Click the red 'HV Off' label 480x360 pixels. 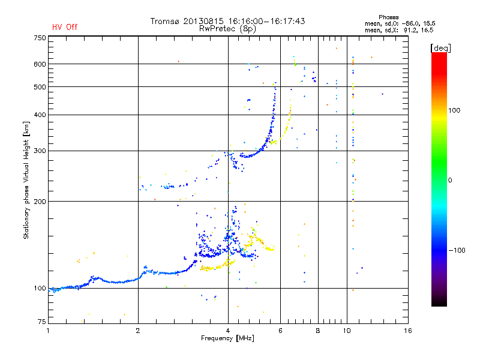click(x=65, y=27)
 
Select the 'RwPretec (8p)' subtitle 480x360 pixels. click(x=227, y=29)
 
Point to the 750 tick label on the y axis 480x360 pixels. click(x=40, y=38)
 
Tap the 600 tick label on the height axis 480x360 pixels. click(x=40, y=64)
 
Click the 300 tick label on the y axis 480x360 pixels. click(x=40, y=151)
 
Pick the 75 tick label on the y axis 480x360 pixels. click(x=42, y=322)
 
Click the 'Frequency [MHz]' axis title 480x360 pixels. click(x=227, y=338)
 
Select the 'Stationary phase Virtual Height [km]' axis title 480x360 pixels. click(x=26, y=181)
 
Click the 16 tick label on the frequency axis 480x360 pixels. click(x=408, y=331)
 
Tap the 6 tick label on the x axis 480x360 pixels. click(x=280, y=331)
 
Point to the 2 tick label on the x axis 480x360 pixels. click(x=138, y=331)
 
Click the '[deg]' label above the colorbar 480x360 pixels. click(x=440, y=49)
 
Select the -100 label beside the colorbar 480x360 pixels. click(x=457, y=250)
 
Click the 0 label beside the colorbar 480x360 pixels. click(x=450, y=180)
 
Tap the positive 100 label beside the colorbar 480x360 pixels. click(x=454, y=110)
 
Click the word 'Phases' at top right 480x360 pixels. click(x=388, y=17)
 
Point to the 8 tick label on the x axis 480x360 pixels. click(x=318, y=331)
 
